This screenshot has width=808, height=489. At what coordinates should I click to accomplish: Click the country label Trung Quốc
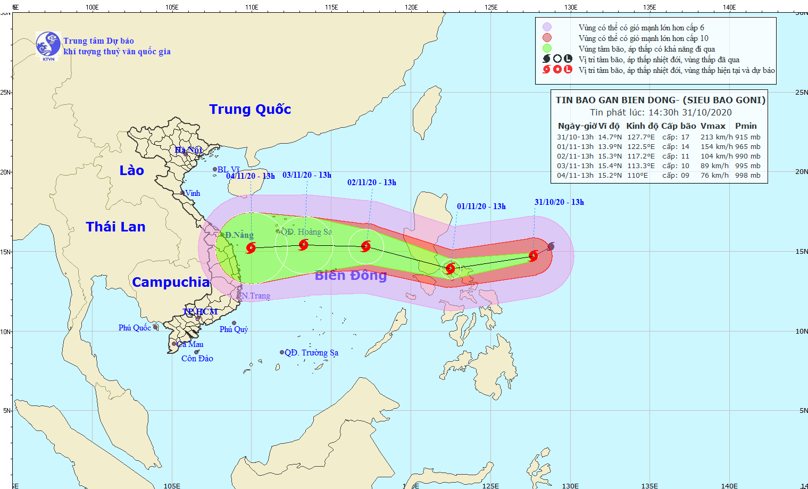click(x=250, y=109)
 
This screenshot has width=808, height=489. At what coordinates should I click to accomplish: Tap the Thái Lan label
click(x=115, y=227)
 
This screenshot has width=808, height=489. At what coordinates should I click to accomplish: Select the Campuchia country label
click(x=171, y=282)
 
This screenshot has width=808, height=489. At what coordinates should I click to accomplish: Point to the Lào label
click(x=131, y=170)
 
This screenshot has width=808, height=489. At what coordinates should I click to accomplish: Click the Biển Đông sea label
click(x=351, y=275)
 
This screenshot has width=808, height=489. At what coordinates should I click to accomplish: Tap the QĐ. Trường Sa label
click(x=311, y=352)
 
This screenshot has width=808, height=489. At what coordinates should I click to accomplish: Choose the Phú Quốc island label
click(x=135, y=328)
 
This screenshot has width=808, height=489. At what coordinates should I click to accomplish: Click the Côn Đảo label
click(x=197, y=359)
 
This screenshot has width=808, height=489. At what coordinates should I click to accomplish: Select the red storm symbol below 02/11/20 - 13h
click(x=365, y=246)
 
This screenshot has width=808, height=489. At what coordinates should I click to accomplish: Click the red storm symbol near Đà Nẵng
click(x=251, y=247)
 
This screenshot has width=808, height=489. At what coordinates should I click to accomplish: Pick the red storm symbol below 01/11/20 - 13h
click(x=450, y=268)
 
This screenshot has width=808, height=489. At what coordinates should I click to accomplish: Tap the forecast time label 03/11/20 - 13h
click(x=306, y=175)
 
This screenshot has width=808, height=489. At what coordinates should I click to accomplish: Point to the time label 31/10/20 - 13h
click(x=559, y=202)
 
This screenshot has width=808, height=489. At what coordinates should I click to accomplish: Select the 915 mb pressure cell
click(x=748, y=137)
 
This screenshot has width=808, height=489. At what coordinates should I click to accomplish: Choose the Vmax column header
click(x=713, y=126)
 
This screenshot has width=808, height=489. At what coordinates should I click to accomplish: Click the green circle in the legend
click(x=547, y=48)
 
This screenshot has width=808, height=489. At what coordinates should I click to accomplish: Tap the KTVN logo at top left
click(x=48, y=46)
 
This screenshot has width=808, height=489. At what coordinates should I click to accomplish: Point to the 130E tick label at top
click(x=571, y=7)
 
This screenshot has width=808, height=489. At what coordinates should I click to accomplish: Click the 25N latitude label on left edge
click(x=5, y=93)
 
